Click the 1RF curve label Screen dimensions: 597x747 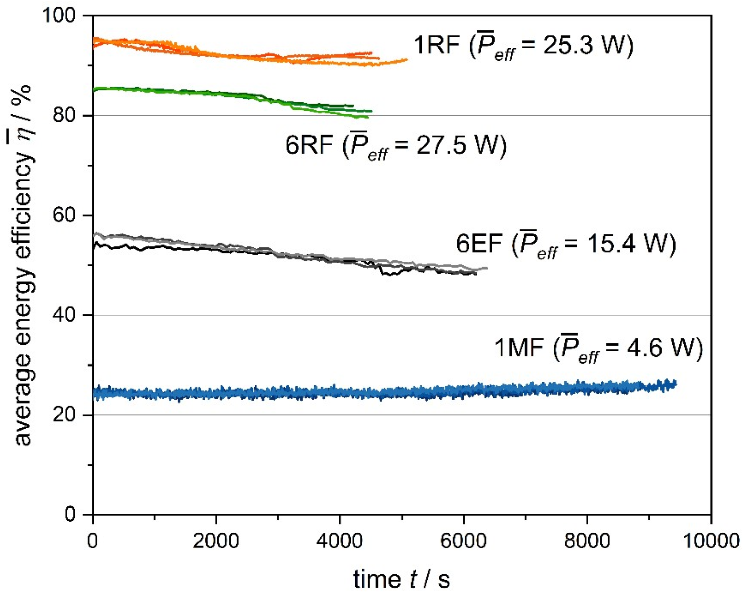click(437, 45)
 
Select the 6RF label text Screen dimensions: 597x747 click(309, 145)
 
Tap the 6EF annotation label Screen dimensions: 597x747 click(479, 244)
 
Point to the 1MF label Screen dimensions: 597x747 click(518, 347)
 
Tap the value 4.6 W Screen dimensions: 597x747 click(656, 347)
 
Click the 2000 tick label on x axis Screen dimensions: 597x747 click(216, 541)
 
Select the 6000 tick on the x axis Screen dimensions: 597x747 click(464, 541)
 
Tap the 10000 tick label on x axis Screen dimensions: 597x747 click(711, 541)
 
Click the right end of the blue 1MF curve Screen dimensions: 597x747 click(675, 384)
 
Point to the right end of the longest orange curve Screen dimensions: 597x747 click(407, 59)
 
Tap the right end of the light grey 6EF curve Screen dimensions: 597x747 click(487, 268)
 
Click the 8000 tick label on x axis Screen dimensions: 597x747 click(587, 541)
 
